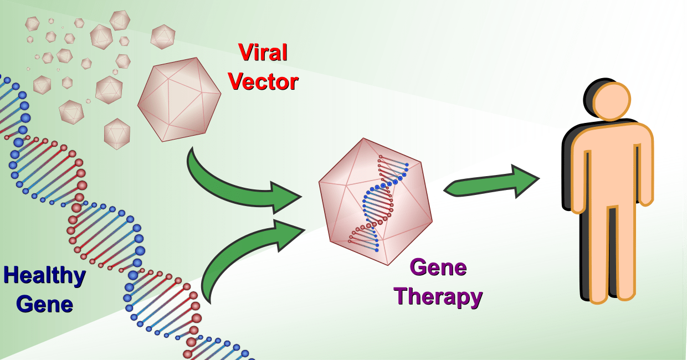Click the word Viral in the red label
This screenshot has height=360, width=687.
pos(263,53)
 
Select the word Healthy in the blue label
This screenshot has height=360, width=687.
pos(44,276)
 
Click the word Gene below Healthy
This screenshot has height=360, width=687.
pos(44,304)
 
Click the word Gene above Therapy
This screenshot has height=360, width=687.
pos(438,268)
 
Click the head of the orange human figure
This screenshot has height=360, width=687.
pos(612,101)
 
